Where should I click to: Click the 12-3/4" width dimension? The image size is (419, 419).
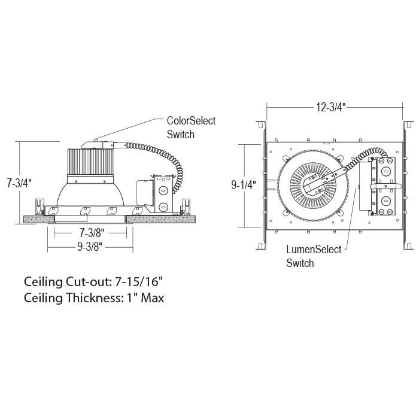pyautogui.click(x=331, y=107)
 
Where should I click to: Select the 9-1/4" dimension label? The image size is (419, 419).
pyautogui.click(x=244, y=185)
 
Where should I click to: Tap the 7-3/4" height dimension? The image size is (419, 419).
pyautogui.click(x=19, y=183)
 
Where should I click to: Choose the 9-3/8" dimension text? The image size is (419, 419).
pyautogui.click(x=90, y=247)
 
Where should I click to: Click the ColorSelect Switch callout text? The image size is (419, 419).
pyautogui.click(x=191, y=127)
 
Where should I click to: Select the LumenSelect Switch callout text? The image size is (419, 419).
pyautogui.click(x=314, y=256)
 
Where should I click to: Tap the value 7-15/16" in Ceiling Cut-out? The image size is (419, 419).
pyautogui.click(x=139, y=282)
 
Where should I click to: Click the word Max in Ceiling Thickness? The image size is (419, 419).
pyautogui.click(x=152, y=297)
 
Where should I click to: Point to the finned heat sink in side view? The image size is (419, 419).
pyautogui.click(x=90, y=162)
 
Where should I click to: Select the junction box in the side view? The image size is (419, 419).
pyautogui.click(x=162, y=194)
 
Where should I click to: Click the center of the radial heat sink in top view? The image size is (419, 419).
pyautogui.click(x=313, y=185)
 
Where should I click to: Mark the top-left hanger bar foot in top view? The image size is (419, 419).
pyautogui.click(x=261, y=125)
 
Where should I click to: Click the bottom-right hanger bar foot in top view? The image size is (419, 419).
pyautogui.click(x=408, y=246)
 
